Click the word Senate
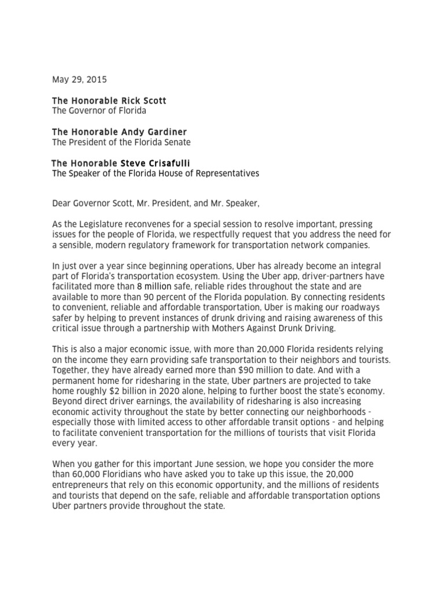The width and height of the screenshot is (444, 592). [x=177, y=142]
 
